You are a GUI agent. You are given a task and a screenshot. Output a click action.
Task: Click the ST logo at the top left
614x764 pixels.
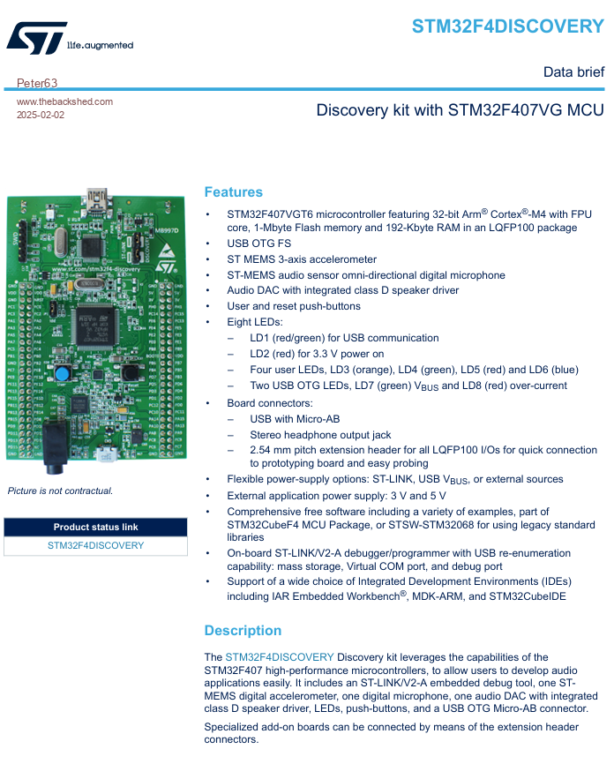[x=36, y=38]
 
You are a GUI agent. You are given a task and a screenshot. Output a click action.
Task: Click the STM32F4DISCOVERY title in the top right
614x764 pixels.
[x=507, y=26]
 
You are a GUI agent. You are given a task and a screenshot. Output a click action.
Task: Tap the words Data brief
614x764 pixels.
[x=573, y=72]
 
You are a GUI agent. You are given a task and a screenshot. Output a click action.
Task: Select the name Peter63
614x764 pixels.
[x=37, y=83]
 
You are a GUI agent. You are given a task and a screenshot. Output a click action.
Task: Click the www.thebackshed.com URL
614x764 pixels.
[x=64, y=101]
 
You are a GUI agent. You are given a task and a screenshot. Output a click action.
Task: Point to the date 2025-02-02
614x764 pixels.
[x=41, y=115]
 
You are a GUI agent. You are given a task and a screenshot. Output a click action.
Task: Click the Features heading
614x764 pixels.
[x=233, y=192]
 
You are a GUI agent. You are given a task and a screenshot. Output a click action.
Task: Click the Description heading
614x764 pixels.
[x=243, y=631]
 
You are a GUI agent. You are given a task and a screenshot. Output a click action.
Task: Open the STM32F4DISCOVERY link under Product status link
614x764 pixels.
[x=95, y=545]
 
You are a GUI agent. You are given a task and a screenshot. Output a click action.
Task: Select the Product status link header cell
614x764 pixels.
[x=95, y=527]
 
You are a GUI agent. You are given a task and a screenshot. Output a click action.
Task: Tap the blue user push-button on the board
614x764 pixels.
[x=61, y=374]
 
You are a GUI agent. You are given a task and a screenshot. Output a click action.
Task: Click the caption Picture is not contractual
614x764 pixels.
[x=60, y=491]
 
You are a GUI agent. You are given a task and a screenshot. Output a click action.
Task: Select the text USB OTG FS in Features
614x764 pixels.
[x=259, y=243]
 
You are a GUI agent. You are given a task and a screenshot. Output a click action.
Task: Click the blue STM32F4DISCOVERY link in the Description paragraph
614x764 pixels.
[x=279, y=657]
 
